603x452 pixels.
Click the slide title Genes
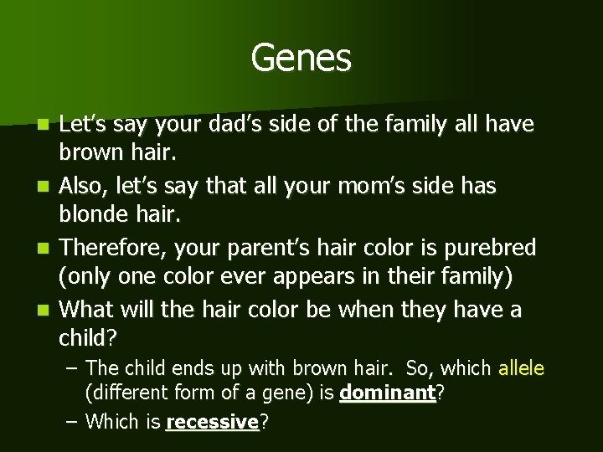(x=301, y=58)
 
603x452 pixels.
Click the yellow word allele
(x=521, y=367)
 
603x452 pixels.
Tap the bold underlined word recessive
(x=213, y=422)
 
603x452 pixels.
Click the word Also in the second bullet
(x=84, y=187)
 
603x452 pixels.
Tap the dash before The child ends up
(x=73, y=367)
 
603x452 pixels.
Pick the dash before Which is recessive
(x=73, y=422)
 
